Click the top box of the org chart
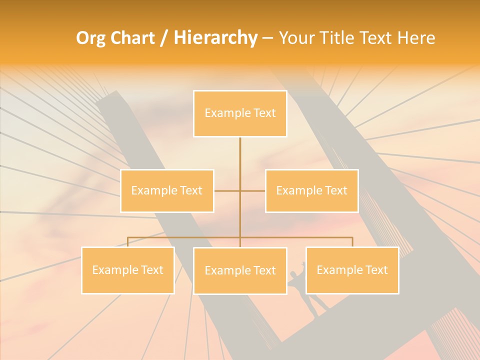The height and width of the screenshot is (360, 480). pos(240,113)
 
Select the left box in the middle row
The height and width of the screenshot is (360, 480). pos(167,190)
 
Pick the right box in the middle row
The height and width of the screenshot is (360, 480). pos(311,190)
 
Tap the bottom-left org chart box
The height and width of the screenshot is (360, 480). pos(128,270)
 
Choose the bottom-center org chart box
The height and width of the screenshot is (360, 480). pos(240,270)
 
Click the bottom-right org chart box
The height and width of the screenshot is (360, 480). pos(352,270)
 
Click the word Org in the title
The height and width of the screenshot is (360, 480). pos(90,38)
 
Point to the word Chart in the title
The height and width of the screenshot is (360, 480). pos(132,38)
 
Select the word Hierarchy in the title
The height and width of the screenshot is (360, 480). pos(215,38)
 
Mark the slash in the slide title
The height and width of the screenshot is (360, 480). pos(164,38)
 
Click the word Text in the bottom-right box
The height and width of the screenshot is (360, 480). pos(375,270)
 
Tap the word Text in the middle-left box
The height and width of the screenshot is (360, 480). pos(190,190)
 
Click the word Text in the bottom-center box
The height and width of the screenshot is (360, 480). pos(263,270)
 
